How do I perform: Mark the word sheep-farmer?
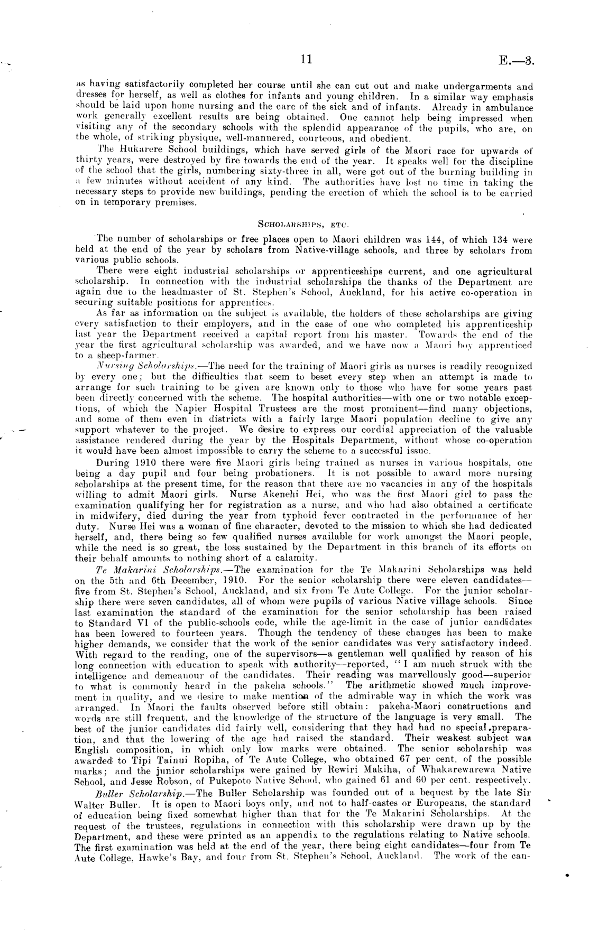point(120,356)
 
